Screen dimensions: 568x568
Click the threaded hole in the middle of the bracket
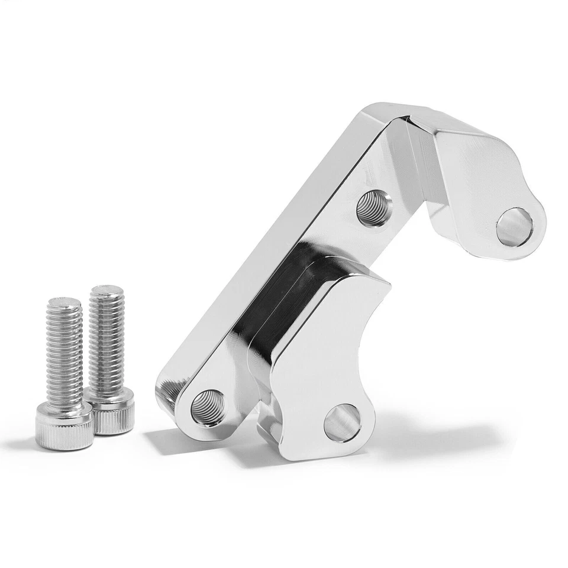click(375, 205)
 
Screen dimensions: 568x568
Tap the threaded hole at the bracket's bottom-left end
click(208, 406)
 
